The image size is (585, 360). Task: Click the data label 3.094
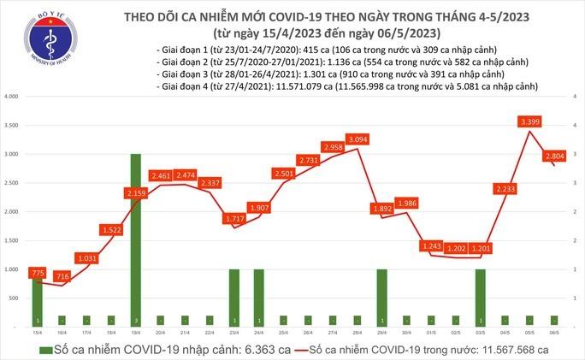[x=357, y=139]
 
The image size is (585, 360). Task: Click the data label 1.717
[x=234, y=219]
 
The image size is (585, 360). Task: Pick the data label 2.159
[x=136, y=194]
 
